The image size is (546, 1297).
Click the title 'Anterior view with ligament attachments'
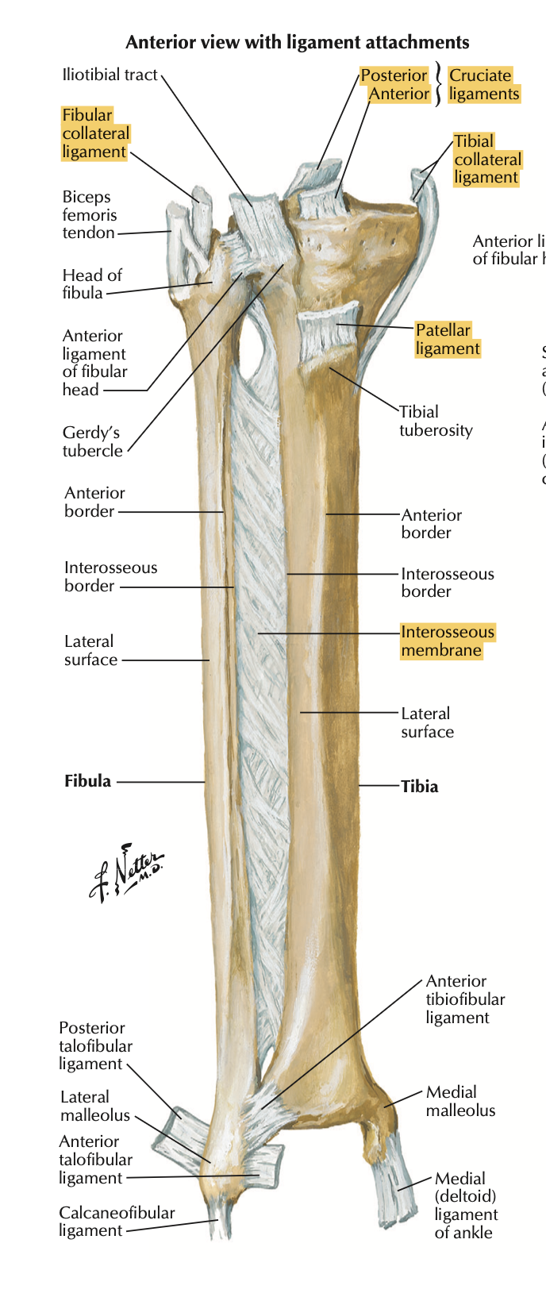point(298,42)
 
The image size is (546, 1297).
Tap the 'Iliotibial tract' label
point(110,75)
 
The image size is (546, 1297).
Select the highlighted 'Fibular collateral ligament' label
point(95,133)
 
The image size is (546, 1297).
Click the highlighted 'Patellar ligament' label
point(448,339)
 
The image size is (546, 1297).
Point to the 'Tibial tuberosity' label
point(435,421)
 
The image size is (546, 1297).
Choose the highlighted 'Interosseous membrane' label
point(447,641)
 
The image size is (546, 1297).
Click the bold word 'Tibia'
point(419,787)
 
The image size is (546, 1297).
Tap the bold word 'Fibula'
point(87,781)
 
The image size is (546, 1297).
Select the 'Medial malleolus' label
point(460,1101)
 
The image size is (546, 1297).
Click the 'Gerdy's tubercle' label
point(93,441)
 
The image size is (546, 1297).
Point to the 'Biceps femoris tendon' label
point(90,214)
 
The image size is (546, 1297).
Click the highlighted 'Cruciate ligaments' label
point(483,85)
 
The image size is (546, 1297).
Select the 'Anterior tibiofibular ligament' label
point(465,999)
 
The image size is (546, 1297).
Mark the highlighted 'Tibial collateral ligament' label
point(486,160)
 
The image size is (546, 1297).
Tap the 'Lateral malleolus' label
point(94,1106)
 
